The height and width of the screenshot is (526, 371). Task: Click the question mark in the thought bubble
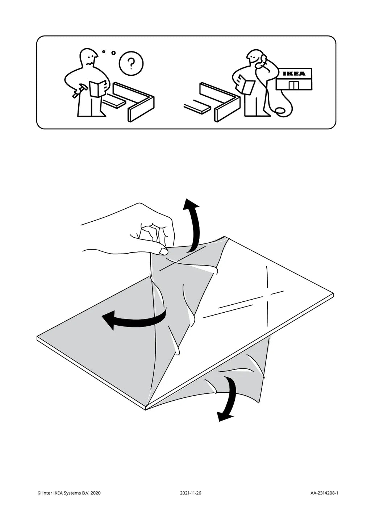131,64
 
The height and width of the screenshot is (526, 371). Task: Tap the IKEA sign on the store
294,74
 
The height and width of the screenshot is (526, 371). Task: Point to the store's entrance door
293,85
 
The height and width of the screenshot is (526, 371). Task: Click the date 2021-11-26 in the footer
190,493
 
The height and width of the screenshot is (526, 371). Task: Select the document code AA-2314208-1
324,493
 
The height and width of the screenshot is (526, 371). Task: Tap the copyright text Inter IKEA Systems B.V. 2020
69,493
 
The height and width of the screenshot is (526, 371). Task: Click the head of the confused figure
88,57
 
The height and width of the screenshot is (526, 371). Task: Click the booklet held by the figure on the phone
246,86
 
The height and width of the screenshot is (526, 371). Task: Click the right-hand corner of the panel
332,295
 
